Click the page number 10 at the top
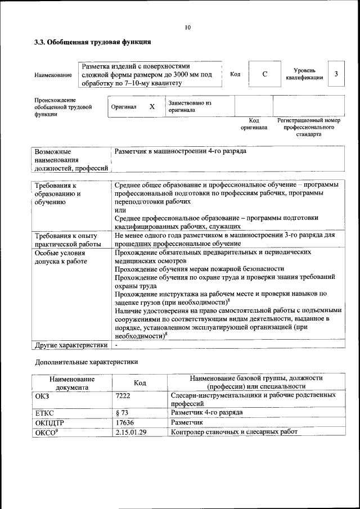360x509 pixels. pos(188,27)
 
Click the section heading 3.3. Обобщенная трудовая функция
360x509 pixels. pos(93,42)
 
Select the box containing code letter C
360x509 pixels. pos(264,74)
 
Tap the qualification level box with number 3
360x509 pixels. pos(336,74)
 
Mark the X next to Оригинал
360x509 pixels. pos(152,106)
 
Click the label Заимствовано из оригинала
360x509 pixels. pos(190,107)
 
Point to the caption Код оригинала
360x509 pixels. pos(254,124)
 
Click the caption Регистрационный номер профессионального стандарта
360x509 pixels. pos(309,128)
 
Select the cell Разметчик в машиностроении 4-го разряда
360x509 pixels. pos(180,151)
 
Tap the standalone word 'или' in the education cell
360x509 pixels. pos(120,210)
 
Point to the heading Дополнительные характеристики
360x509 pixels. pos(86,362)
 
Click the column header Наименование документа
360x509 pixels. pos(71,383)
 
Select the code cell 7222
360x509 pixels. pos(123,396)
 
